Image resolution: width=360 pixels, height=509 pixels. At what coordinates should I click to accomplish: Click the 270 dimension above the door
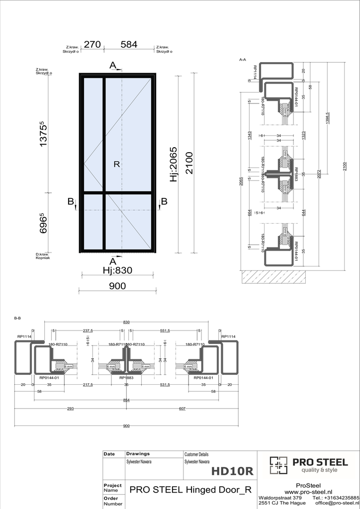92,44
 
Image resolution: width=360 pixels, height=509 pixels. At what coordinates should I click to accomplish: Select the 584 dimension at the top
129,44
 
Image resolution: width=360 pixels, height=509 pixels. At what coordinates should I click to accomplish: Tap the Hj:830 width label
117,270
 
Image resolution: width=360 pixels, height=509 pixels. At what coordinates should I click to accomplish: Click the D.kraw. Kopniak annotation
43,256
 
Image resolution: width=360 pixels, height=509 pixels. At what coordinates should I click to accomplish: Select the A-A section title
243,59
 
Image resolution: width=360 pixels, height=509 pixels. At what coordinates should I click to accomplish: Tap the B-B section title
17,318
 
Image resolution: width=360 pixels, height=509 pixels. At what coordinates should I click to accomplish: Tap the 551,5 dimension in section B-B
165,331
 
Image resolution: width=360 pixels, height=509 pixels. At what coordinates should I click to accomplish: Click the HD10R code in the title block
232,470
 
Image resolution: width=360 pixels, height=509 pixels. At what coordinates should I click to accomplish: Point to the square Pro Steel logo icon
278,465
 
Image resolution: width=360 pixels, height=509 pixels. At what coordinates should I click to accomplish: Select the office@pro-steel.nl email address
337,503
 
